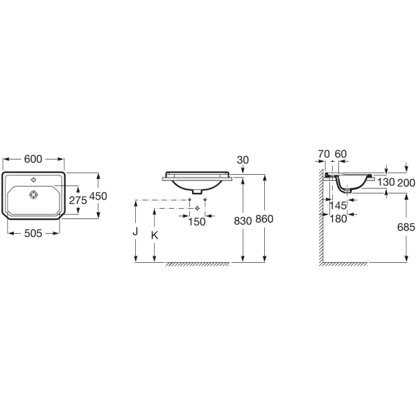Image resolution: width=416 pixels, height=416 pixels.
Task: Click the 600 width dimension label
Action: click(x=33, y=159)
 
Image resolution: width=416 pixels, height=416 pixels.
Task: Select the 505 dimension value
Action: click(x=33, y=233)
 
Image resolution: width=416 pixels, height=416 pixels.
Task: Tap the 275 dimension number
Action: click(x=78, y=200)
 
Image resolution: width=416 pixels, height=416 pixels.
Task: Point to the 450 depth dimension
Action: click(x=98, y=196)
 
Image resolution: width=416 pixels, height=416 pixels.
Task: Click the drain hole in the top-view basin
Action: click(x=33, y=195)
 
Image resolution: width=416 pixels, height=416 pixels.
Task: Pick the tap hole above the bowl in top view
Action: click(x=33, y=180)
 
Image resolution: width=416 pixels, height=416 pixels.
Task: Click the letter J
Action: click(x=135, y=232)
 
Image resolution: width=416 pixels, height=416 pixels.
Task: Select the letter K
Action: click(x=155, y=235)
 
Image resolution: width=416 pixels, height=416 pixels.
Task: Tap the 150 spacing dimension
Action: click(x=197, y=222)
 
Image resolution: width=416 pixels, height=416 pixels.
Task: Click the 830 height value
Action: click(x=243, y=220)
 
